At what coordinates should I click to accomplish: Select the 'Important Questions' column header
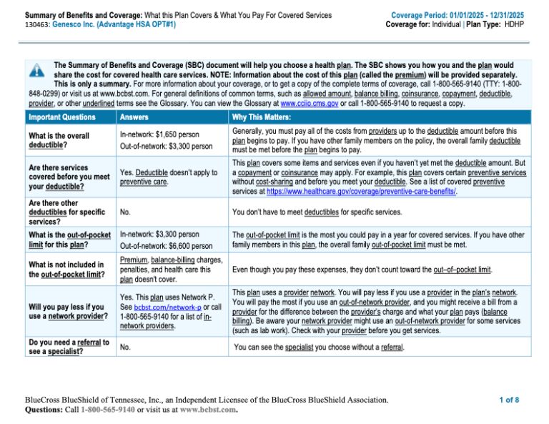click(61, 117)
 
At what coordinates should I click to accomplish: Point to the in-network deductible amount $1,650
click(176, 134)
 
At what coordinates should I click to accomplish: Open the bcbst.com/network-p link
click(168, 307)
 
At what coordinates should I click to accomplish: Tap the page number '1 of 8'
click(509, 400)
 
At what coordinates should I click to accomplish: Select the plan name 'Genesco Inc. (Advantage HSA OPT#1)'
click(114, 24)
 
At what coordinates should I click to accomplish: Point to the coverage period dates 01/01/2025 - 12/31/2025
click(492, 15)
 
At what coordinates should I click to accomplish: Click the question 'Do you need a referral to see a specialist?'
click(69, 347)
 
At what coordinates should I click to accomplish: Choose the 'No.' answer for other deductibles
click(125, 212)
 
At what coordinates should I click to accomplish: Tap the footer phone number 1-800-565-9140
click(107, 410)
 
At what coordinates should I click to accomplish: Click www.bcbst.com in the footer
click(207, 410)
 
